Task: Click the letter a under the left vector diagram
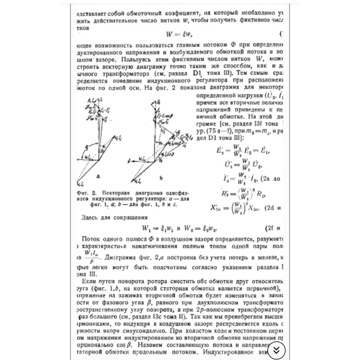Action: click(x=98, y=177)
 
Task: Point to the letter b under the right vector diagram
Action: click(x=160, y=177)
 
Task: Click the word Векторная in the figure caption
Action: click(x=112, y=191)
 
